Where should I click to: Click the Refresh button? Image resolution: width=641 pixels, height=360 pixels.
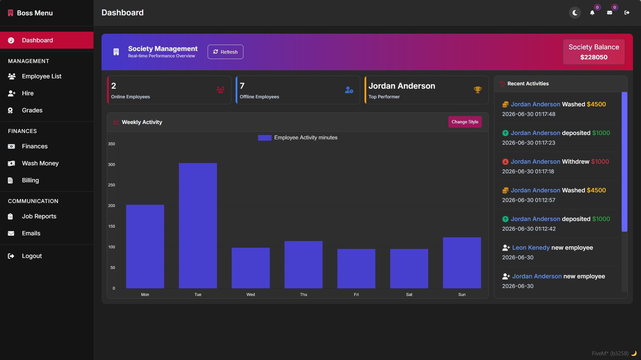pyautogui.click(x=225, y=52)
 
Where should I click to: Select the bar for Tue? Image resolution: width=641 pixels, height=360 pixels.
pyautogui.click(x=198, y=226)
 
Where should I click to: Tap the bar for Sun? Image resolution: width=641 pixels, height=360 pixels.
pyautogui.click(x=462, y=263)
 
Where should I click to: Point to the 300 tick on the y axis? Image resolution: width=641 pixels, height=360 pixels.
pyautogui.click(x=112, y=165)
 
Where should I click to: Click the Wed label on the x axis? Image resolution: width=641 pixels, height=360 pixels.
pyautogui.click(x=251, y=295)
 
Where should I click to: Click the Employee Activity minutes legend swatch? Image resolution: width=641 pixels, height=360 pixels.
pyautogui.click(x=265, y=138)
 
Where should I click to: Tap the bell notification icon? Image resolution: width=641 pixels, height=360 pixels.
pyautogui.click(x=592, y=13)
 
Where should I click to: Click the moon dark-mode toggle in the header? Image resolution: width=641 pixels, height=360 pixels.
pyautogui.click(x=575, y=13)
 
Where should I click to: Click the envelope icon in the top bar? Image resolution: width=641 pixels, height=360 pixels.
pyautogui.click(x=610, y=13)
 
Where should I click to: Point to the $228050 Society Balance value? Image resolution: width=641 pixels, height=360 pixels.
pyautogui.click(x=594, y=57)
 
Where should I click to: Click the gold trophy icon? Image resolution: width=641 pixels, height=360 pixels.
pyautogui.click(x=478, y=90)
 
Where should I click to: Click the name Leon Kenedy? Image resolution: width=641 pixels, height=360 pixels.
pyautogui.click(x=531, y=248)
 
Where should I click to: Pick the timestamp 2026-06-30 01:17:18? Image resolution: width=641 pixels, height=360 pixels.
pyautogui.click(x=528, y=171)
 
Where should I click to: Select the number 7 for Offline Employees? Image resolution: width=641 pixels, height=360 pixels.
pyautogui.click(x=242, y=86)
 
